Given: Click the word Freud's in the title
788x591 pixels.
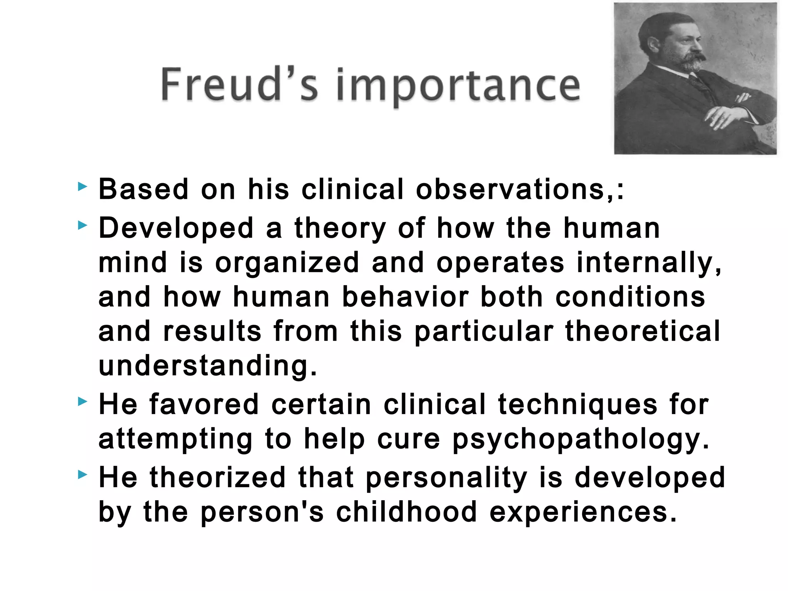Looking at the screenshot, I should click(x=239, y=84).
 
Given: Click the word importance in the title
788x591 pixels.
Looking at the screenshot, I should click(x=458, y=86).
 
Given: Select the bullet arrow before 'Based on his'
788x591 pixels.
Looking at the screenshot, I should click(x=82, y=187).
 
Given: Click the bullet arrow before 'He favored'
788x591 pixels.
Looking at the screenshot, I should click(x=82, y=402).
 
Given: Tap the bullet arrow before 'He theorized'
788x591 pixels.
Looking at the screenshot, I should click(x=82, y=475).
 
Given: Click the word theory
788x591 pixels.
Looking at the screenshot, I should click(x=340, y=229).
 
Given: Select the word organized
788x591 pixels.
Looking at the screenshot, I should click(x=287, y=263).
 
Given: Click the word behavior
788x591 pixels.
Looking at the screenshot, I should click(x=405, y=297).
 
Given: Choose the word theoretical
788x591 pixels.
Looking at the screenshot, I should click(x=642, y=331).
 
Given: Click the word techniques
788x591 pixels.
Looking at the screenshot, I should click(x=578, y=405).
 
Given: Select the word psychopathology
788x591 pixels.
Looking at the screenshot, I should click(x=580, y=439).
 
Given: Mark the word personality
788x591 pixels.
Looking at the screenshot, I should click(x=446, y=478).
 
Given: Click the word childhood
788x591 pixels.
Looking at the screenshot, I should click(x=406, y=512).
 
